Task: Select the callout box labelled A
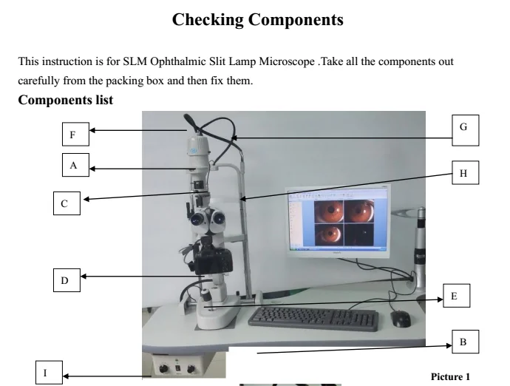73,166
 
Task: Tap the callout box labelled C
65,203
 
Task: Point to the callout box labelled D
65,280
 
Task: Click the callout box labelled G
463,127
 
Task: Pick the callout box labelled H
463,174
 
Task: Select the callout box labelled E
454,296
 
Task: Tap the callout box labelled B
463,342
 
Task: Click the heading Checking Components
257,20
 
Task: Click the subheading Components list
65,100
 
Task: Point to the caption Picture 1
449,376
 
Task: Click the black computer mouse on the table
401,319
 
